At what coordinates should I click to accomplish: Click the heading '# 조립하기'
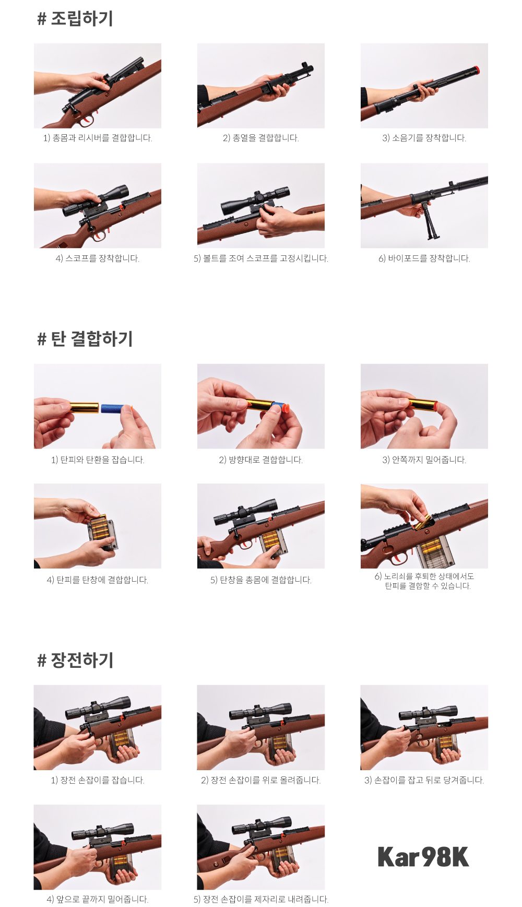pos(75,19)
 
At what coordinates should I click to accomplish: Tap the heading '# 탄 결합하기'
pos(85,339)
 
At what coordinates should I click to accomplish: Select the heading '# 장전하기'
pos(75,661)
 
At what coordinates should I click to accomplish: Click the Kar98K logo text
pos(423,857)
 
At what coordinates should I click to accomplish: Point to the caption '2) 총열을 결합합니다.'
pos(261,138)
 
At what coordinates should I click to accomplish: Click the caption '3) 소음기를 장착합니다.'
pos(424,138)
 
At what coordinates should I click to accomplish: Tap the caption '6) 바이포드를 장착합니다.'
pos(424,258)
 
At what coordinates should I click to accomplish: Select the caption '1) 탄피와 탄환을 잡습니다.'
pos(98,460)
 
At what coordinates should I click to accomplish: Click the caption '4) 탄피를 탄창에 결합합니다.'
pos(98,580)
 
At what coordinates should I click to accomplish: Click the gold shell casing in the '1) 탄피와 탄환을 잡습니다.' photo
pos(84,407)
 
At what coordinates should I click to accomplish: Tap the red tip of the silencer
pos(476,70)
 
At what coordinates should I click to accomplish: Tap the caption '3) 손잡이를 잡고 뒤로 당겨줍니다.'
pos(424,781)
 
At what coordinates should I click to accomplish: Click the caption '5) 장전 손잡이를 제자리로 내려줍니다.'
pos(261,900)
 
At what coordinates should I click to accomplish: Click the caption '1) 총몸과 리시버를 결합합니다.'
pos(98,138)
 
